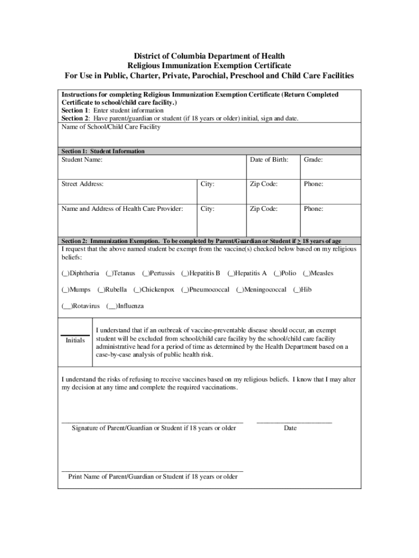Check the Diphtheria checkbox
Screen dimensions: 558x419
(x=65, y=274)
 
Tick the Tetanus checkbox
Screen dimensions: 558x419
(x=109, y=274)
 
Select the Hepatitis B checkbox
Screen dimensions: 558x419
(x=184, y=274)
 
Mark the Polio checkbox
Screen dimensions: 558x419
(x=276, y=274)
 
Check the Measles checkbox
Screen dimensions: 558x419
(x=306, y=274)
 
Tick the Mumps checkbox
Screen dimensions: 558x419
(x=65, y=290)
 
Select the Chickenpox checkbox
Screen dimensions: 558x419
(x=137, y=290)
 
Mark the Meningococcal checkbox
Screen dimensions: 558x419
(x=239, y=290)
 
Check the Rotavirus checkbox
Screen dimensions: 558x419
(x=66, y=306)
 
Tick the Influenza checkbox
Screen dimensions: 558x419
(x=112, y=306)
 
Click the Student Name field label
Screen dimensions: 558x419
(x=82, y=160)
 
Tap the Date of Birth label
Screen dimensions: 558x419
(x=269, y=160)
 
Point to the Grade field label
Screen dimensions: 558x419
(x=313, y=160)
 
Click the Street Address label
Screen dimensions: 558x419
(x=83, y=184)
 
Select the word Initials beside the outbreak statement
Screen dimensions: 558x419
(x=75, y=341)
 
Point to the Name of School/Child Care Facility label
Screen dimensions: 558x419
(x=111, y=127)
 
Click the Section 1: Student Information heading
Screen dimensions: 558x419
(x=103, y=151)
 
